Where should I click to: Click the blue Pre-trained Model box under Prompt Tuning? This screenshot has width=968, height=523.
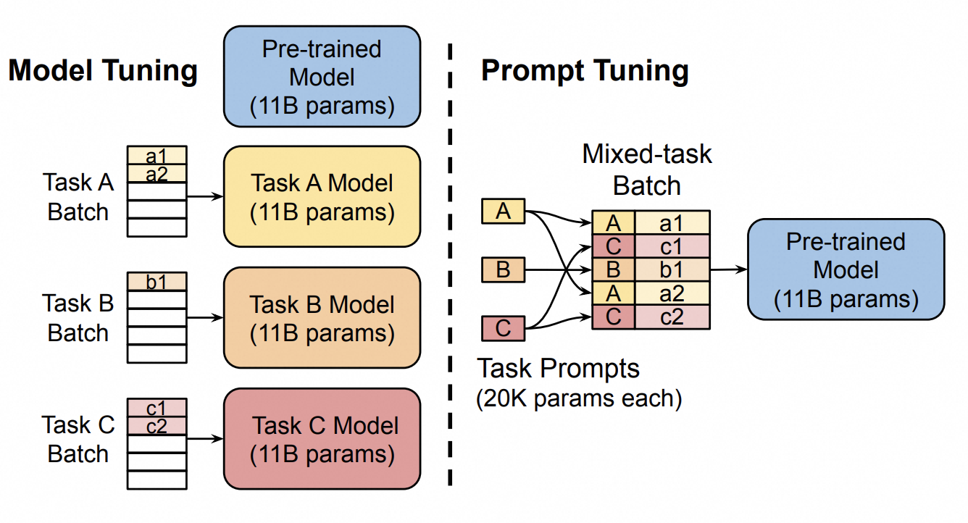click(846, 269)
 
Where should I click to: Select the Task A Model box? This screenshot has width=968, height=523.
click(322, 196)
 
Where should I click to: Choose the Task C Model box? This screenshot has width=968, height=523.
click(322, 438)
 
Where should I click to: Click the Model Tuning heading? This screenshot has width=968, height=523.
click(103, 71)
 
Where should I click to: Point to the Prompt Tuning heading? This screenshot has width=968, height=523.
click(585, 71)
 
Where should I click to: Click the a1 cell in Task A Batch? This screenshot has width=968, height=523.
click(157, 155)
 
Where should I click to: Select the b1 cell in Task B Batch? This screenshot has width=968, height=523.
click(157, 281)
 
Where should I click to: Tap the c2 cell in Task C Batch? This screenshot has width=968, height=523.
click(157, 426)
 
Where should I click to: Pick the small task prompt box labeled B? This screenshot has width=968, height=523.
click(503, 270)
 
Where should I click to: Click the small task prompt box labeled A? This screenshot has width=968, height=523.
click(503, 212)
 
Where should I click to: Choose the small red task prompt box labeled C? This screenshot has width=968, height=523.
click(503, 329)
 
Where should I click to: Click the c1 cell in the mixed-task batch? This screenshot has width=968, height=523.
click(672, 246)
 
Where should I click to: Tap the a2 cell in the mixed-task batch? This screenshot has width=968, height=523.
click(672, 293)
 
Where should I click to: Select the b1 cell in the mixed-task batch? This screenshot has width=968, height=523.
click(672, 270)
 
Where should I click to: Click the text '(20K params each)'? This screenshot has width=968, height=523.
click(579, 399)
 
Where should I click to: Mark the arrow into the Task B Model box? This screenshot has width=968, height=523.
click(205, 317)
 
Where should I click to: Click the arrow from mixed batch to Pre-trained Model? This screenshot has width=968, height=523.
click(728, 269)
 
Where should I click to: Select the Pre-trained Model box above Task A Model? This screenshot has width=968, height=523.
click(322, 76)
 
